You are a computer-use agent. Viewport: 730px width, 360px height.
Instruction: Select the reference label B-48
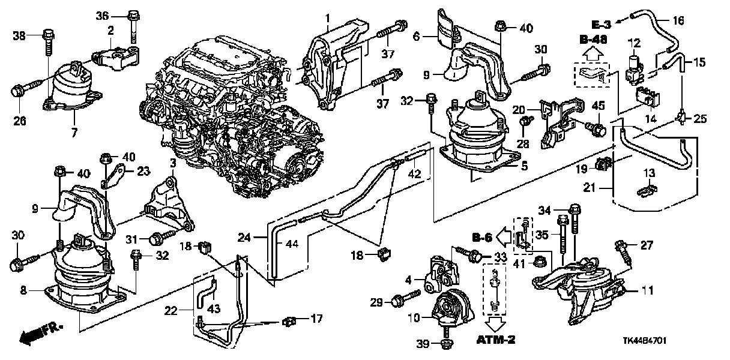(x=591, y=40)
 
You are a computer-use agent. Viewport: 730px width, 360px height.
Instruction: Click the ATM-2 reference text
(x=496, y=340)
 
